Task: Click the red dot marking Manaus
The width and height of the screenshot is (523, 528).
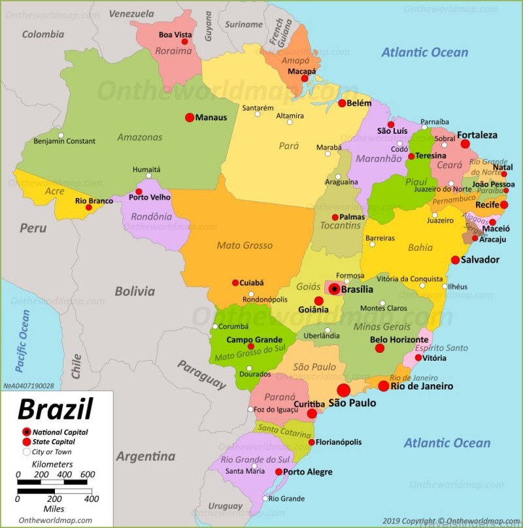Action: coord(190,118)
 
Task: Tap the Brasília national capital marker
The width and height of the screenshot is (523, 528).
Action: coord(334,289)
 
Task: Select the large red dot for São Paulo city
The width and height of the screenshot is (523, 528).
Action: coord(344,390)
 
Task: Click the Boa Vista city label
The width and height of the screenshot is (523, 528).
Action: coord(175,35)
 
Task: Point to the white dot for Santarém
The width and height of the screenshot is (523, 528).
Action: coord(258,114)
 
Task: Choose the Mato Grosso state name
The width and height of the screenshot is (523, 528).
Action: coord(245,246)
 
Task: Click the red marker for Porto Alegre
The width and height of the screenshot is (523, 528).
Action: coord(278,472)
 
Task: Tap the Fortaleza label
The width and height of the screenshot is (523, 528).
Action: coord(477,135)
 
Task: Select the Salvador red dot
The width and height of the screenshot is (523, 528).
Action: coord(455,260)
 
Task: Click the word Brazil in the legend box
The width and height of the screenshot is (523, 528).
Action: coord(55,410)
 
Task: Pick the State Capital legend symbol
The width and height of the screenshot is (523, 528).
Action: coord(26,442)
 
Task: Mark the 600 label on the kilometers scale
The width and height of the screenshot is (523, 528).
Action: coord(87,474)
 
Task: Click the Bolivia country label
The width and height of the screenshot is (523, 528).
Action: coord(135,291)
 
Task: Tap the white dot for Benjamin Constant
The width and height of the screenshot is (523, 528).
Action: coord(61,136)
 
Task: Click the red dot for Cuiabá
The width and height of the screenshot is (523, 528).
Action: coord(235,283)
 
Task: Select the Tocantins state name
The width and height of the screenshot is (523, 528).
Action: coord(341,225)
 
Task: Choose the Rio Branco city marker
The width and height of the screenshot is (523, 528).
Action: coord(89,207)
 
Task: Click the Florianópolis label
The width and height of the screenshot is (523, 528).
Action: coord(339,442)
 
